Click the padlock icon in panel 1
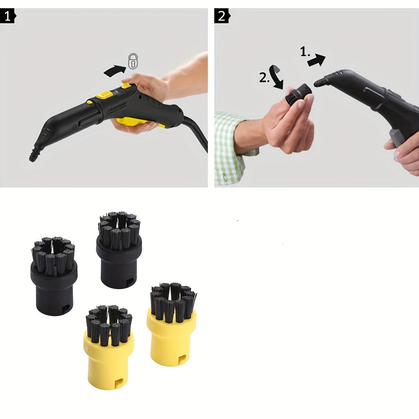[133, 62]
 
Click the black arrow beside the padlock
[114, 70]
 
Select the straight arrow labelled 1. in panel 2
[316, 60]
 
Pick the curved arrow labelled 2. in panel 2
[277, 77]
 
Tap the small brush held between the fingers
[298, 95]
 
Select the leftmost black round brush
[54, 277]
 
